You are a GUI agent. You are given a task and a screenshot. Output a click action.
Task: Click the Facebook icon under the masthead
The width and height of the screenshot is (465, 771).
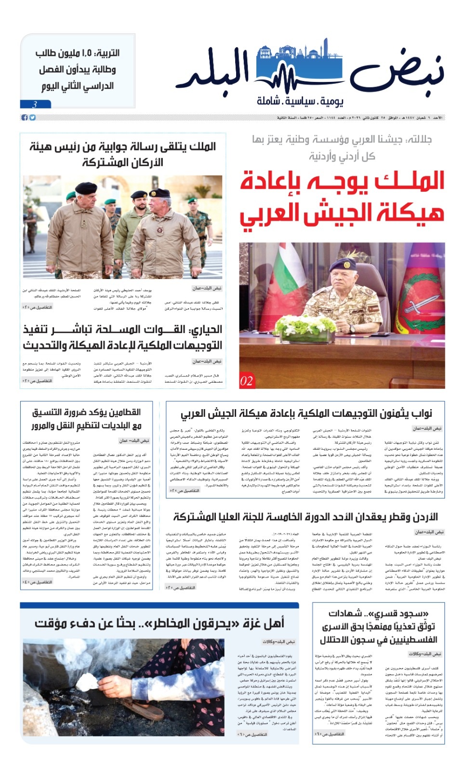point(24,118)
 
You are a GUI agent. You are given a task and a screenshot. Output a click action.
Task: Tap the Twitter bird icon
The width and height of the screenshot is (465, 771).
point(32,118)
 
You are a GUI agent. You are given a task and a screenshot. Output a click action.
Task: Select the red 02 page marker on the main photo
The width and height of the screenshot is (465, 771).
point(246,381)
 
